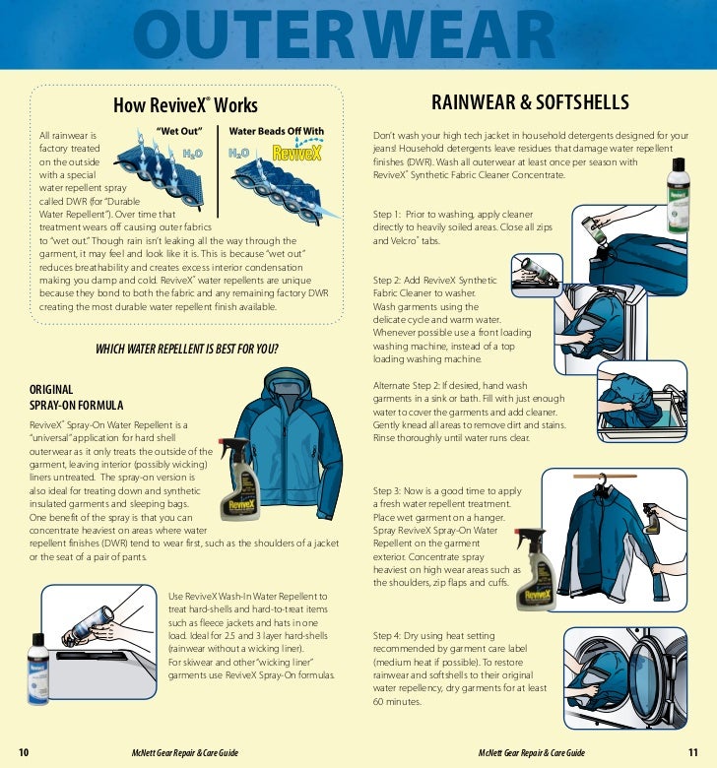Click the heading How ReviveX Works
click(x=186, y=105)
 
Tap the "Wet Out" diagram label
click(x=179, y=131)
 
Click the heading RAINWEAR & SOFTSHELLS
click(x=530, y=103)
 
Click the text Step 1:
click(x=389, y=213)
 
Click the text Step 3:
click(x=389, y=490)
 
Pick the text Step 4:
click(x=389, y=636)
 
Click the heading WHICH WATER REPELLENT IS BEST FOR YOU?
click(x=187, y=350)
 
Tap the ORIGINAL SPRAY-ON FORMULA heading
click(x=77, y=397)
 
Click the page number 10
click(x=24, y=753)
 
